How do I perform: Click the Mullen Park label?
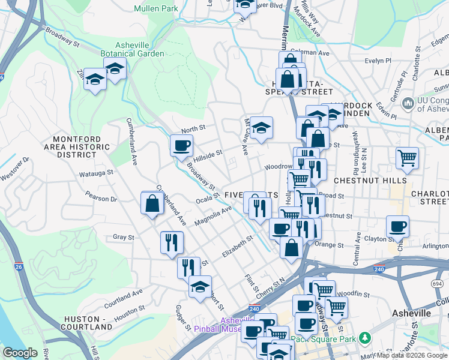tap(156, 9)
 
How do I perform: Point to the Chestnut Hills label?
tap(375, 180)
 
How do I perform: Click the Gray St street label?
tap(123, 238)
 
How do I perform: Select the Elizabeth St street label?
tap(237, 246)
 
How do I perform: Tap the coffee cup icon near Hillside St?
tap(181, 145)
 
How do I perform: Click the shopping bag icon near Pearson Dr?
tap(152, 202)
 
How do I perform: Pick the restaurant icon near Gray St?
tap(172, 242)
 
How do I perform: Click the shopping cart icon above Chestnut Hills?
tap(407, 158)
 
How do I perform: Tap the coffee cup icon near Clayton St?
tap(397, 227)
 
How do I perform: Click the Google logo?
tap(20, 353)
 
